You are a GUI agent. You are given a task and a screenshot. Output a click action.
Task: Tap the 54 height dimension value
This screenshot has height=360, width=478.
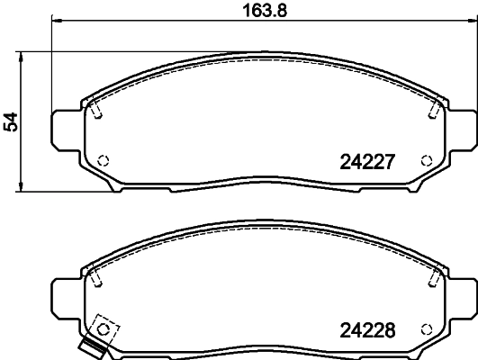click(x=11, y=121)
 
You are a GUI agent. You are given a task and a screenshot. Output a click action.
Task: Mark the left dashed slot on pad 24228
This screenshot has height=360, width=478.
click(x=95, y=275)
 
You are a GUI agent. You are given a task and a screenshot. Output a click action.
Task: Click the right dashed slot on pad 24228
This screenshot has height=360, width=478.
click(x=434, y=275)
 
